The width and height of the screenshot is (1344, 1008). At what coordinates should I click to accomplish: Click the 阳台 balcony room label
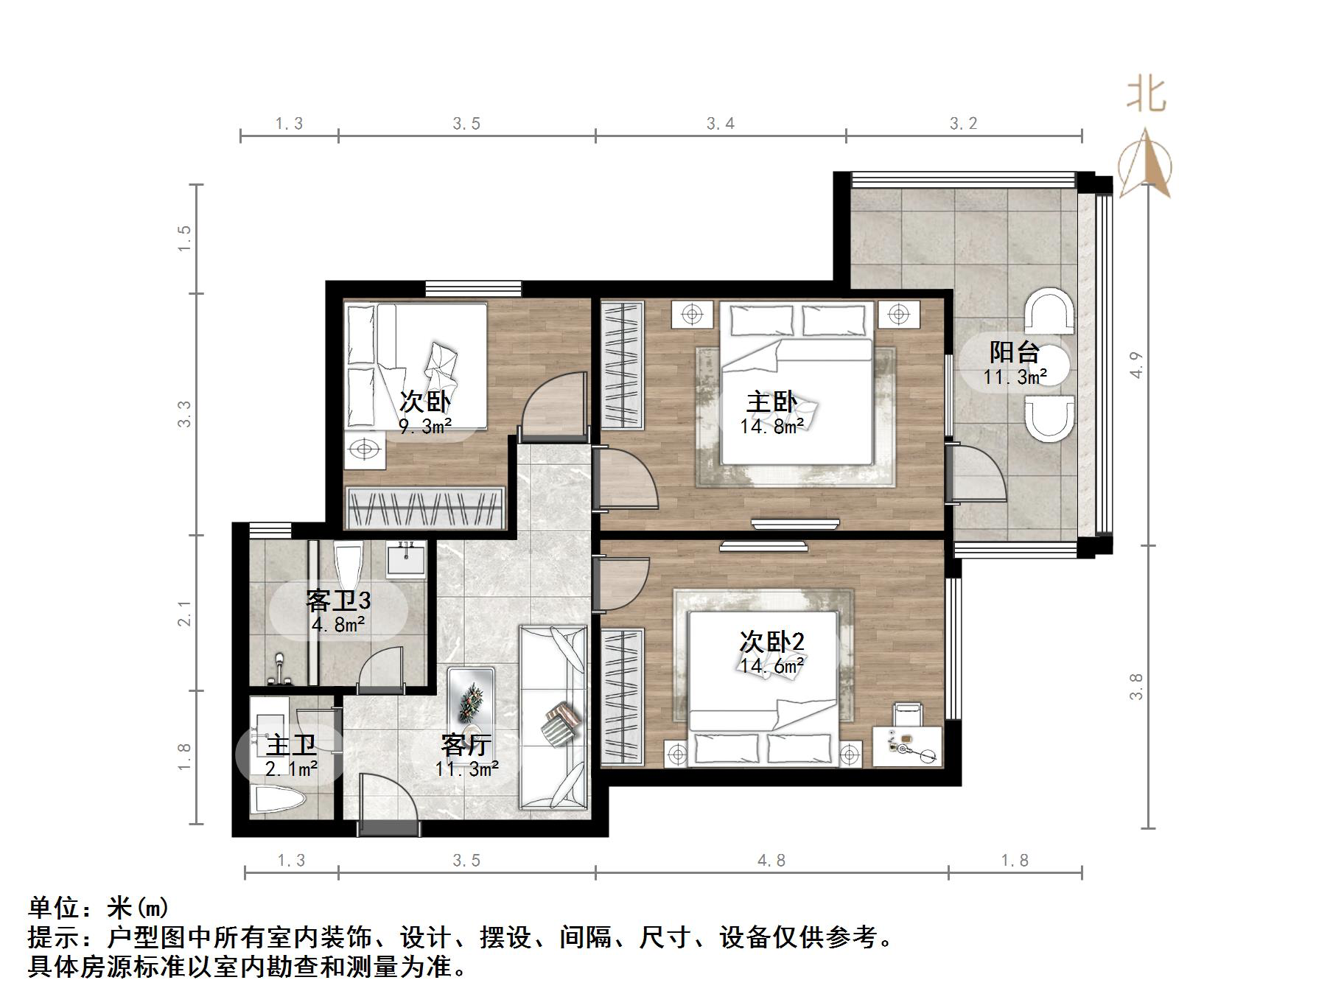coord(1014,352)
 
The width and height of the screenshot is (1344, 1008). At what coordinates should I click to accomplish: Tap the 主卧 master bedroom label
coord(771,402)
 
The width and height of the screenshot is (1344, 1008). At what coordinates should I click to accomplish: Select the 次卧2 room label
coord(771,642)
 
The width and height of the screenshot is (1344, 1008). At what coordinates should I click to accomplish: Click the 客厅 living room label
coord(466,745)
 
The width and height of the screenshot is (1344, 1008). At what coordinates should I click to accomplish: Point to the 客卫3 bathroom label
coord(338,601)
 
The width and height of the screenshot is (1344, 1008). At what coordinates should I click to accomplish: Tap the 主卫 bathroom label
coord(291,745)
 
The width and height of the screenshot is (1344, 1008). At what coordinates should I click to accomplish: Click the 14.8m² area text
coord(771,427)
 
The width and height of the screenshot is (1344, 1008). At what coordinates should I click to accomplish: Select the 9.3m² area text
coord(424,427)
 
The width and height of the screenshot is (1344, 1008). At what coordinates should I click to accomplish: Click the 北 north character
coord(1145,96)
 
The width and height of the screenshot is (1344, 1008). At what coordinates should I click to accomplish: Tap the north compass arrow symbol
coord(1145,164)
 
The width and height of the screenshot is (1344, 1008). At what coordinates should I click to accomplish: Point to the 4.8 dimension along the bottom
coord(771,861)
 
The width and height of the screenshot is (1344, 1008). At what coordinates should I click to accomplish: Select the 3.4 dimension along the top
coord(720,124)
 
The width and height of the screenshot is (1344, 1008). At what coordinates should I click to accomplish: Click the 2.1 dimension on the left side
coord(184,613)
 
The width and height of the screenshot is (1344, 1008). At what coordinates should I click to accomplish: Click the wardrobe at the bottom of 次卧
coord(425,507)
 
